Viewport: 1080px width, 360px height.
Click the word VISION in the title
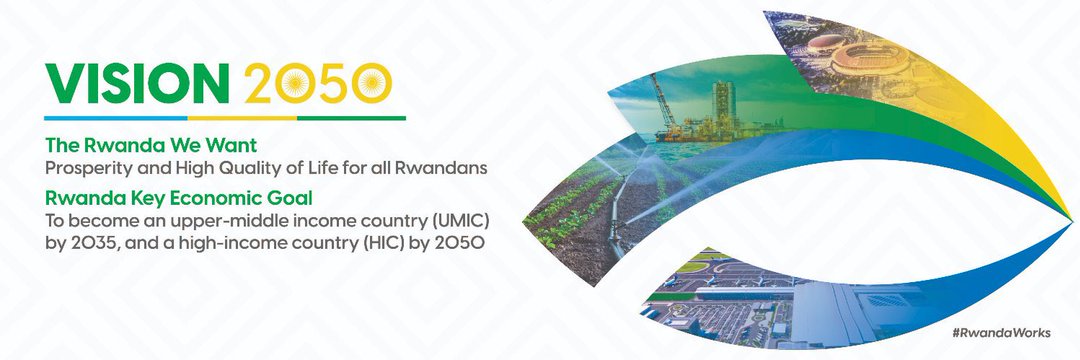point(135,83)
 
